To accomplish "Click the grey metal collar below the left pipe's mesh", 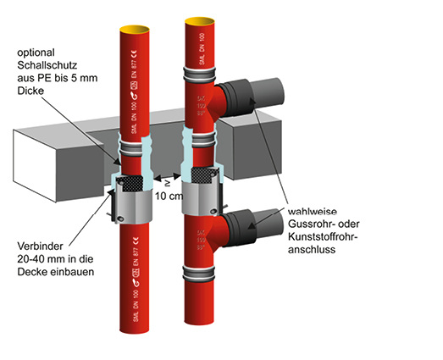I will click(x=128, y=207).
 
